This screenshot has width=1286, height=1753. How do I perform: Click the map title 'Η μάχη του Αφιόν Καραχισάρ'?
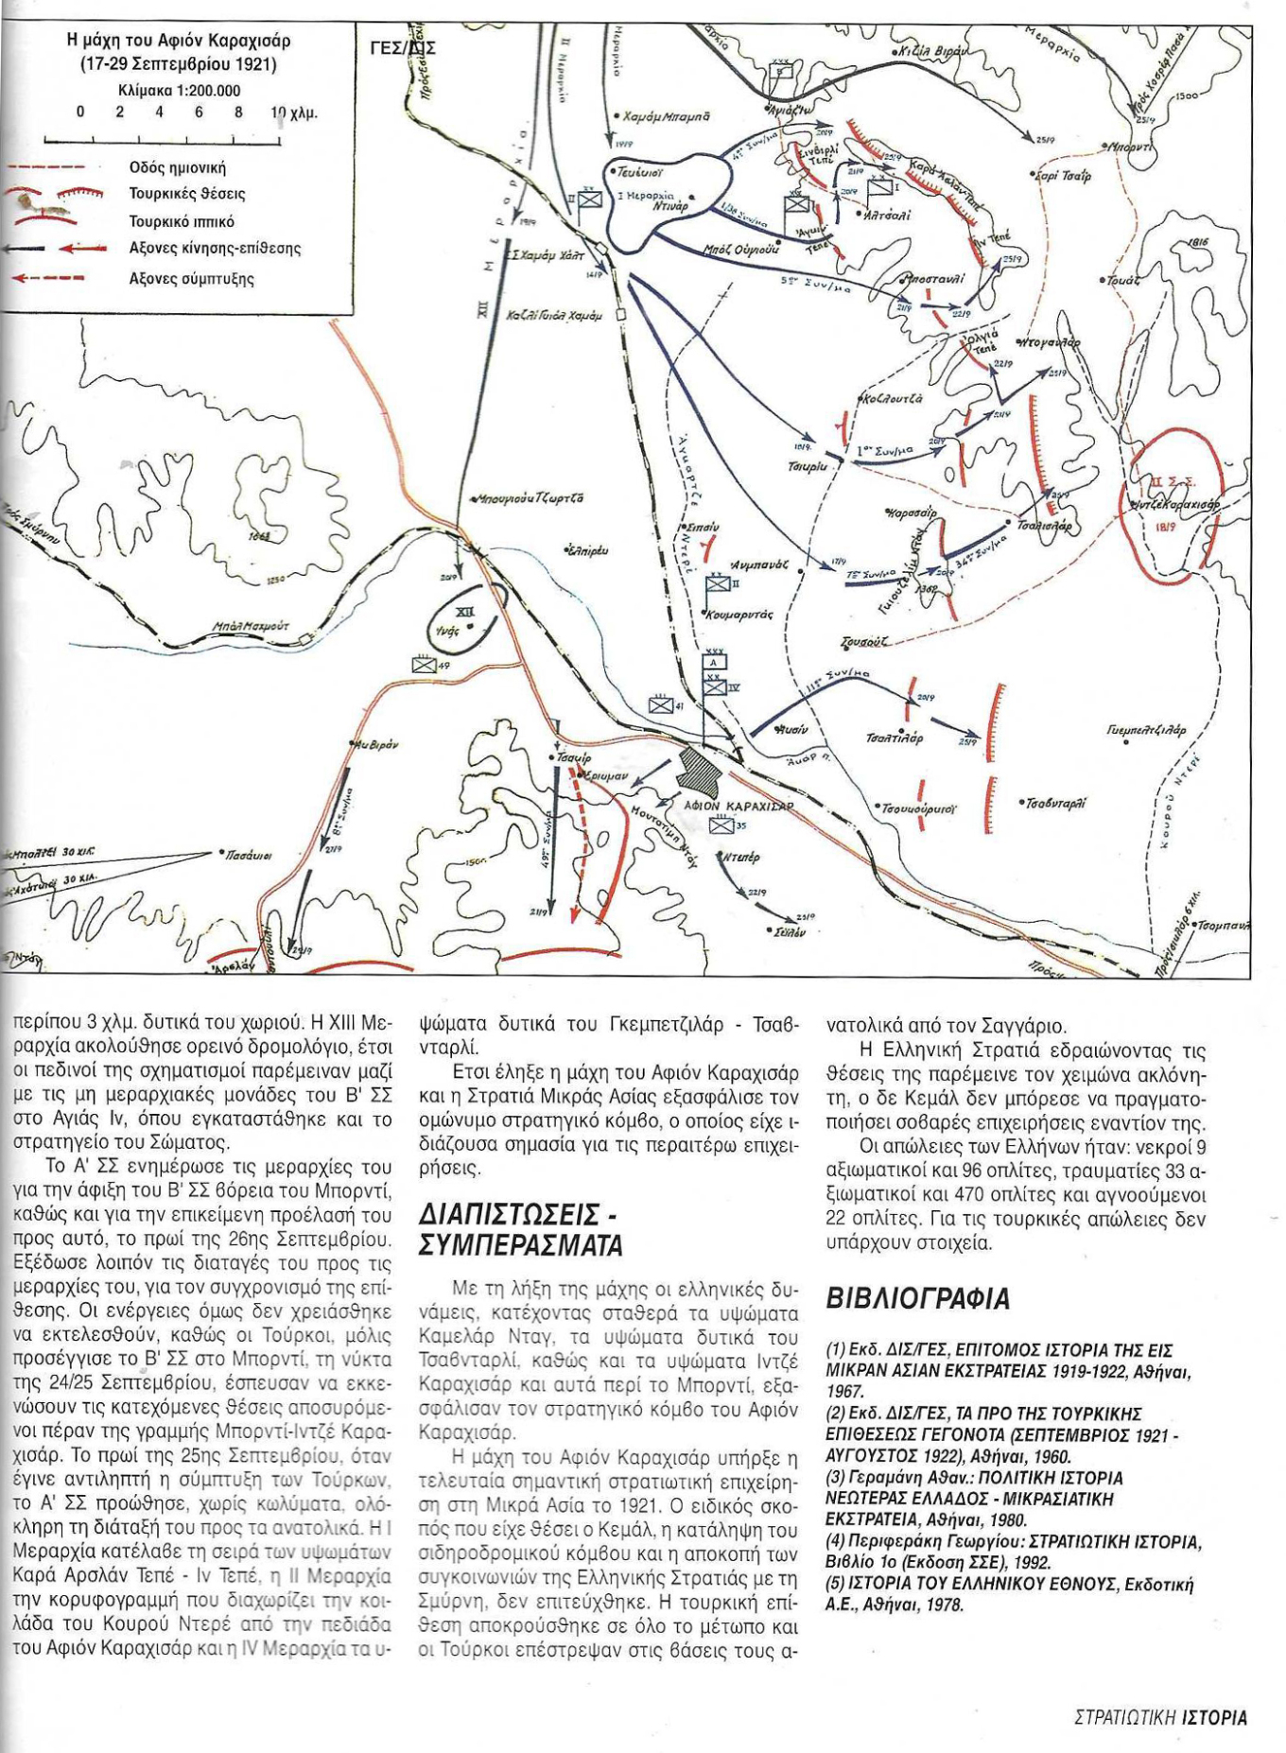coord(179,41)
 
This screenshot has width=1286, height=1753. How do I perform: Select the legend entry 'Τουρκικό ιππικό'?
coord(181,221)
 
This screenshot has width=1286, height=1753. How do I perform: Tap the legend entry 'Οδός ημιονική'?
coord(177,167)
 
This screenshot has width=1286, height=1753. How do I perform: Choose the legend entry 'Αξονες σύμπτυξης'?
coord(191,279)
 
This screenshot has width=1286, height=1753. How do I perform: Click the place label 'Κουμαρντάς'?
coord(739,615)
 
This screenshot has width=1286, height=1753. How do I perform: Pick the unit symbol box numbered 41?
coord(660,704)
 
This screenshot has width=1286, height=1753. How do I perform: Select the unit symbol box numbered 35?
coord(721,824)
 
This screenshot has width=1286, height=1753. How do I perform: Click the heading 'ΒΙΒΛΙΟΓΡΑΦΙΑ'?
coord(917,1298)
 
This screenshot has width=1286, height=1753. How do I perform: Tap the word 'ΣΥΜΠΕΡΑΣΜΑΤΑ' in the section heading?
coord(521,1245)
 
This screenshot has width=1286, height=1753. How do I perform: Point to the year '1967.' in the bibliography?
coord(845,1391)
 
